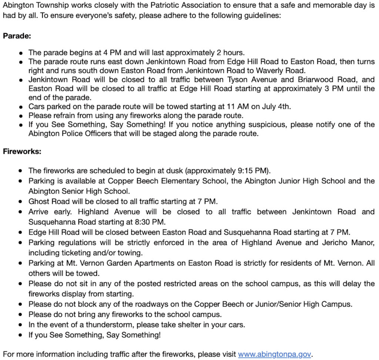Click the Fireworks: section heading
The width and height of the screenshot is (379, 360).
(x=22, y=151)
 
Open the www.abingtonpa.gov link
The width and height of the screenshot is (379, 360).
(x=274, y=354)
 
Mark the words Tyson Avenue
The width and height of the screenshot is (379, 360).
(x=244, y=80)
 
